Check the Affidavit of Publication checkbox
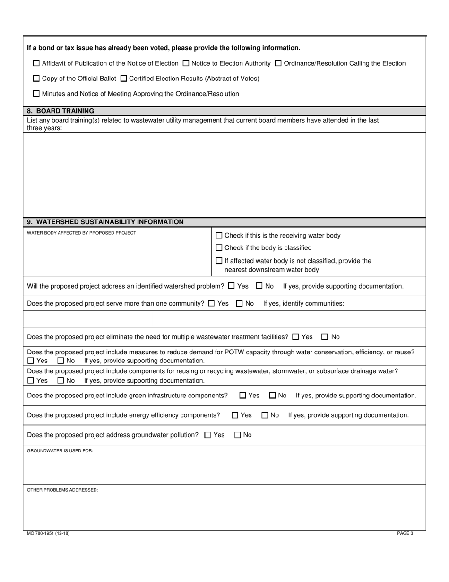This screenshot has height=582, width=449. click(x=36, y=63)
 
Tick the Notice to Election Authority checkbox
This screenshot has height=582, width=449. click(x=186, y=63)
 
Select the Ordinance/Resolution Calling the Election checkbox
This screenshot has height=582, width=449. click(x=278, y=63)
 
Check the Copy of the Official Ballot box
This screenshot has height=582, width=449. click(x=36, y=79)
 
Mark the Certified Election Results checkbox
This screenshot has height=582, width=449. click(x=124, y=79)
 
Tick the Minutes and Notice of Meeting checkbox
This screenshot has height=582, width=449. click(x=36, y=94)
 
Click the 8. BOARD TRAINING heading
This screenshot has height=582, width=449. click(x=60, y=111)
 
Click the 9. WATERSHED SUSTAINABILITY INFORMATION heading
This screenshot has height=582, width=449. click(x=105, y=222)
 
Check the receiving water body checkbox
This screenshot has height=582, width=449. click(x=219, y=236)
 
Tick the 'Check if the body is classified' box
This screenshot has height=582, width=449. click(x=219, y=248)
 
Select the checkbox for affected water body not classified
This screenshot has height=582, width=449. click(x=219, y=261)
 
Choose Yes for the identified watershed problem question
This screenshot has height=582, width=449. click(x=231, y=286)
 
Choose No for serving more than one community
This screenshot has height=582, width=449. click(x=239, y=303)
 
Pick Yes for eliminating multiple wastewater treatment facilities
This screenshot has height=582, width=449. click(x=295, y=337)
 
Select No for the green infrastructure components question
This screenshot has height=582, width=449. click(x=273, y=396)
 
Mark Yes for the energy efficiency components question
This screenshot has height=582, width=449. click(x=235, y=415)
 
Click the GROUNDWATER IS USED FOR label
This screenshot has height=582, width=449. click(x=60, y=451)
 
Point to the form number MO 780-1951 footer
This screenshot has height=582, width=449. click(x=48, y=533)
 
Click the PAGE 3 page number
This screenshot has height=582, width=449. click(x=405, y=533)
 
